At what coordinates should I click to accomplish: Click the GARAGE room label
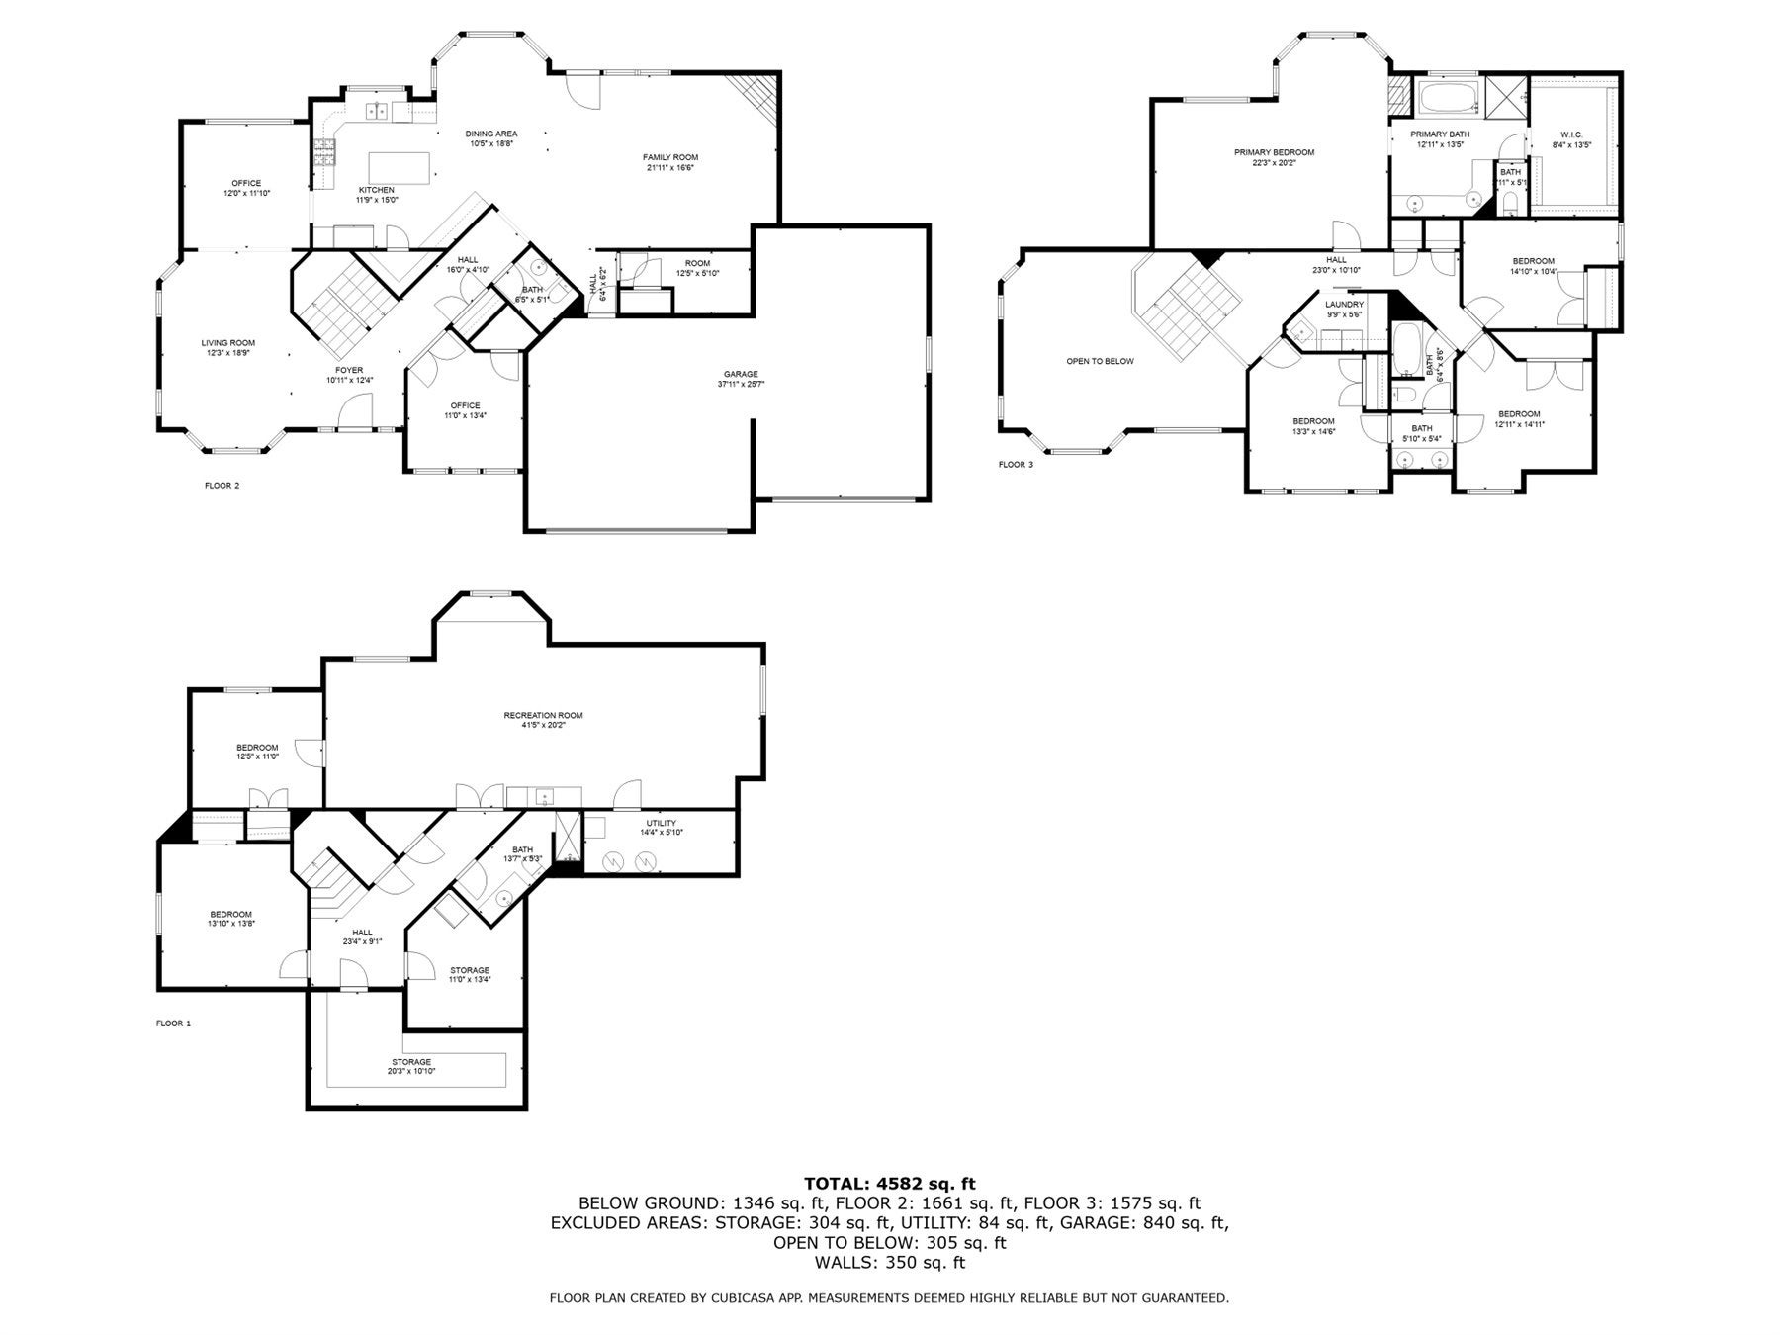pos(740,374)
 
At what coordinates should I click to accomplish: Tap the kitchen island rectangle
pos(400,167)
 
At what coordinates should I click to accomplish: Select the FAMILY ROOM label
pos(670,157)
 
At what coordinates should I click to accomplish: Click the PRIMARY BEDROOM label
pos(1274,152)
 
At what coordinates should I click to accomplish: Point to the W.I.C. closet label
pos(1571,134)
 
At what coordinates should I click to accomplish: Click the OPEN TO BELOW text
pos(1100,361)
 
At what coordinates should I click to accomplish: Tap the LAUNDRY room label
pos(1344,305)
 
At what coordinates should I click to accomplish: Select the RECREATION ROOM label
pos(543,715)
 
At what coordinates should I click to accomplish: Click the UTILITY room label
pos(661,823)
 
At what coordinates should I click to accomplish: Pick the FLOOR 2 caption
pos(222,486)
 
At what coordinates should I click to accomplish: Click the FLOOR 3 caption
pos(1016,464)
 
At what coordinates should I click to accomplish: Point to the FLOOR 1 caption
pos(173,1023)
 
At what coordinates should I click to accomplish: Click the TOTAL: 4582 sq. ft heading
pos(889,1183)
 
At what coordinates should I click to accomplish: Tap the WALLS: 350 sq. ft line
pos(889,1263)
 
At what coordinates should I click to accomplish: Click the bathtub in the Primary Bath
pos(1449,99)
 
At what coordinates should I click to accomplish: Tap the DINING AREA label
pos(491,133)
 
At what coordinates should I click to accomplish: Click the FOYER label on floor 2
pos(349,370)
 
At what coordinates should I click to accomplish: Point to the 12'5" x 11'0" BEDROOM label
pos(257,748)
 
